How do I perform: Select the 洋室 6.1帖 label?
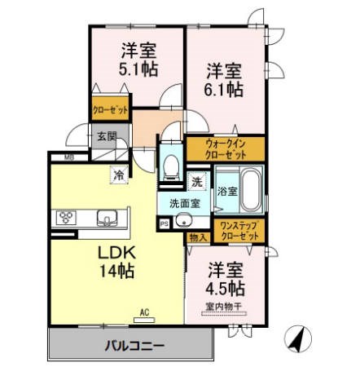point(222,79)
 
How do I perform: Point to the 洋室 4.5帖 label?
point(226,278)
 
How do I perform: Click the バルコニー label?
point(134,344)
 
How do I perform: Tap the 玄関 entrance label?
point(107,137)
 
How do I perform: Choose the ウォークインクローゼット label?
point(225,148)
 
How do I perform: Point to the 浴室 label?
point(227,192)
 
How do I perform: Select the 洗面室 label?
point(184,203)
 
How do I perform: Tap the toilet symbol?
point(171,166)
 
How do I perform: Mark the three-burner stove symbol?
point(66,218)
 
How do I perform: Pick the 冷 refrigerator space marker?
point(119,174)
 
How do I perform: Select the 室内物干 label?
point(223,307)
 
